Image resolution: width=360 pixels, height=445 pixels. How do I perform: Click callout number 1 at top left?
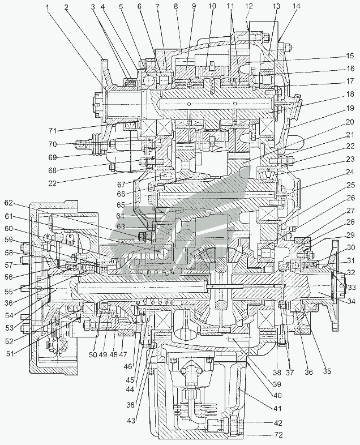click(x=49, y=7)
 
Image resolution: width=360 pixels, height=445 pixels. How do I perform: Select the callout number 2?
click(x=66, y=7)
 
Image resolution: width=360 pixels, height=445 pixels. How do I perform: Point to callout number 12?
click(x=249, y=6)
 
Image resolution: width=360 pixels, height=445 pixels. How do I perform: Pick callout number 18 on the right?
click(x=350, y=94)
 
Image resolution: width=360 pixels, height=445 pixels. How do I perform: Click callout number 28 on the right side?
click(x=351, y=222)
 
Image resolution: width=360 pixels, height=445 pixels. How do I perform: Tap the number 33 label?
click(x=351, y=288)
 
